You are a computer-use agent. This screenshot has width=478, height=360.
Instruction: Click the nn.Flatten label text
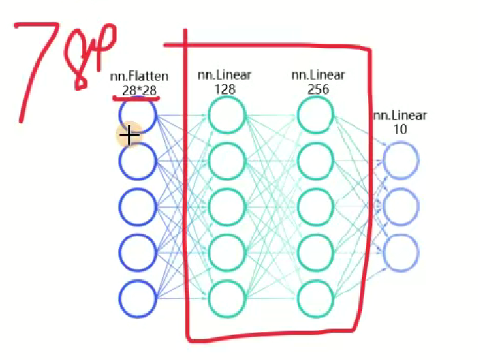tap(140, 77)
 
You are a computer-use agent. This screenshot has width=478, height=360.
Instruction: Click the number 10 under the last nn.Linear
tap(399, 129)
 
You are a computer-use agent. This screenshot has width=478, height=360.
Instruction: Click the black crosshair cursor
tap(130, 134)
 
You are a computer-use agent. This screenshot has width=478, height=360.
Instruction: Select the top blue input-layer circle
tap(138, 115)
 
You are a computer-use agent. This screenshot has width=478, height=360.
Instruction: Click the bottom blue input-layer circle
tap(138, 300)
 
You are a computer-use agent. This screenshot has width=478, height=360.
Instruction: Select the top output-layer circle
tap(401, 161)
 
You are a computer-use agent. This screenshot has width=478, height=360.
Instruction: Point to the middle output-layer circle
tap(401, 206)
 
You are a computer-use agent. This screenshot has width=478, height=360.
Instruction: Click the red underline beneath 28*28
tap(137, 99)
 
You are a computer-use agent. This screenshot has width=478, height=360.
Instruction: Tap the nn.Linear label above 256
tap(318, 75)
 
